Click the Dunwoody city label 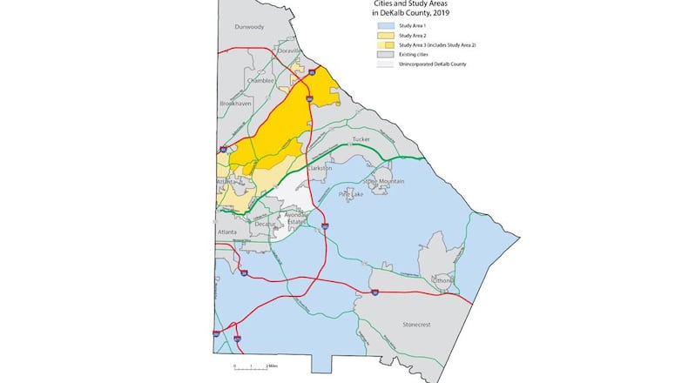click(x=249, y=27)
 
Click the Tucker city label click(x=361, y=139)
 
